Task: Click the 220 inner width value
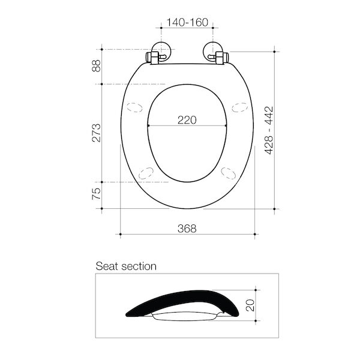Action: (187, 119)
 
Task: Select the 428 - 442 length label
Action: (269, 130)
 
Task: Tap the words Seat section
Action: (126, 266)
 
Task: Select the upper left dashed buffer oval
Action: (135, 109)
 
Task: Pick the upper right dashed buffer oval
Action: (239, 109)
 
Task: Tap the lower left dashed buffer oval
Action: (146, 172)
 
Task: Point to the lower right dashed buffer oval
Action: (229, 172)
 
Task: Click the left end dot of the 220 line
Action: (148, 125)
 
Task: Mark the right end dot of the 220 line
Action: (226, 125)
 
